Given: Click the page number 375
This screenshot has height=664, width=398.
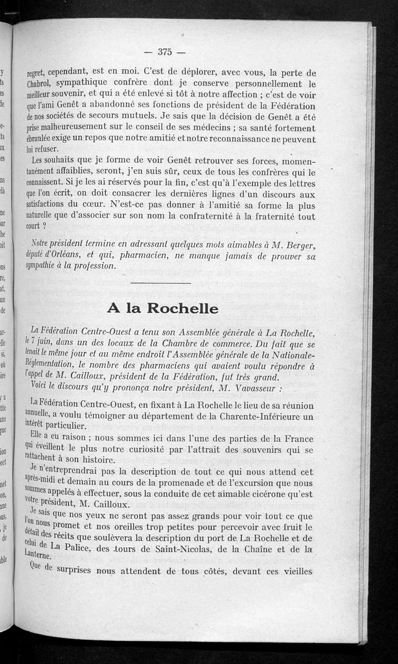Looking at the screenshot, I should [164, 51].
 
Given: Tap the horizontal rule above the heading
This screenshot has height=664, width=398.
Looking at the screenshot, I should [163, 283].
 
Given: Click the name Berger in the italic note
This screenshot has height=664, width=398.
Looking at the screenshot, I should [296, 244].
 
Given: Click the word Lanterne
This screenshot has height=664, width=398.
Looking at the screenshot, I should [36, 557].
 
